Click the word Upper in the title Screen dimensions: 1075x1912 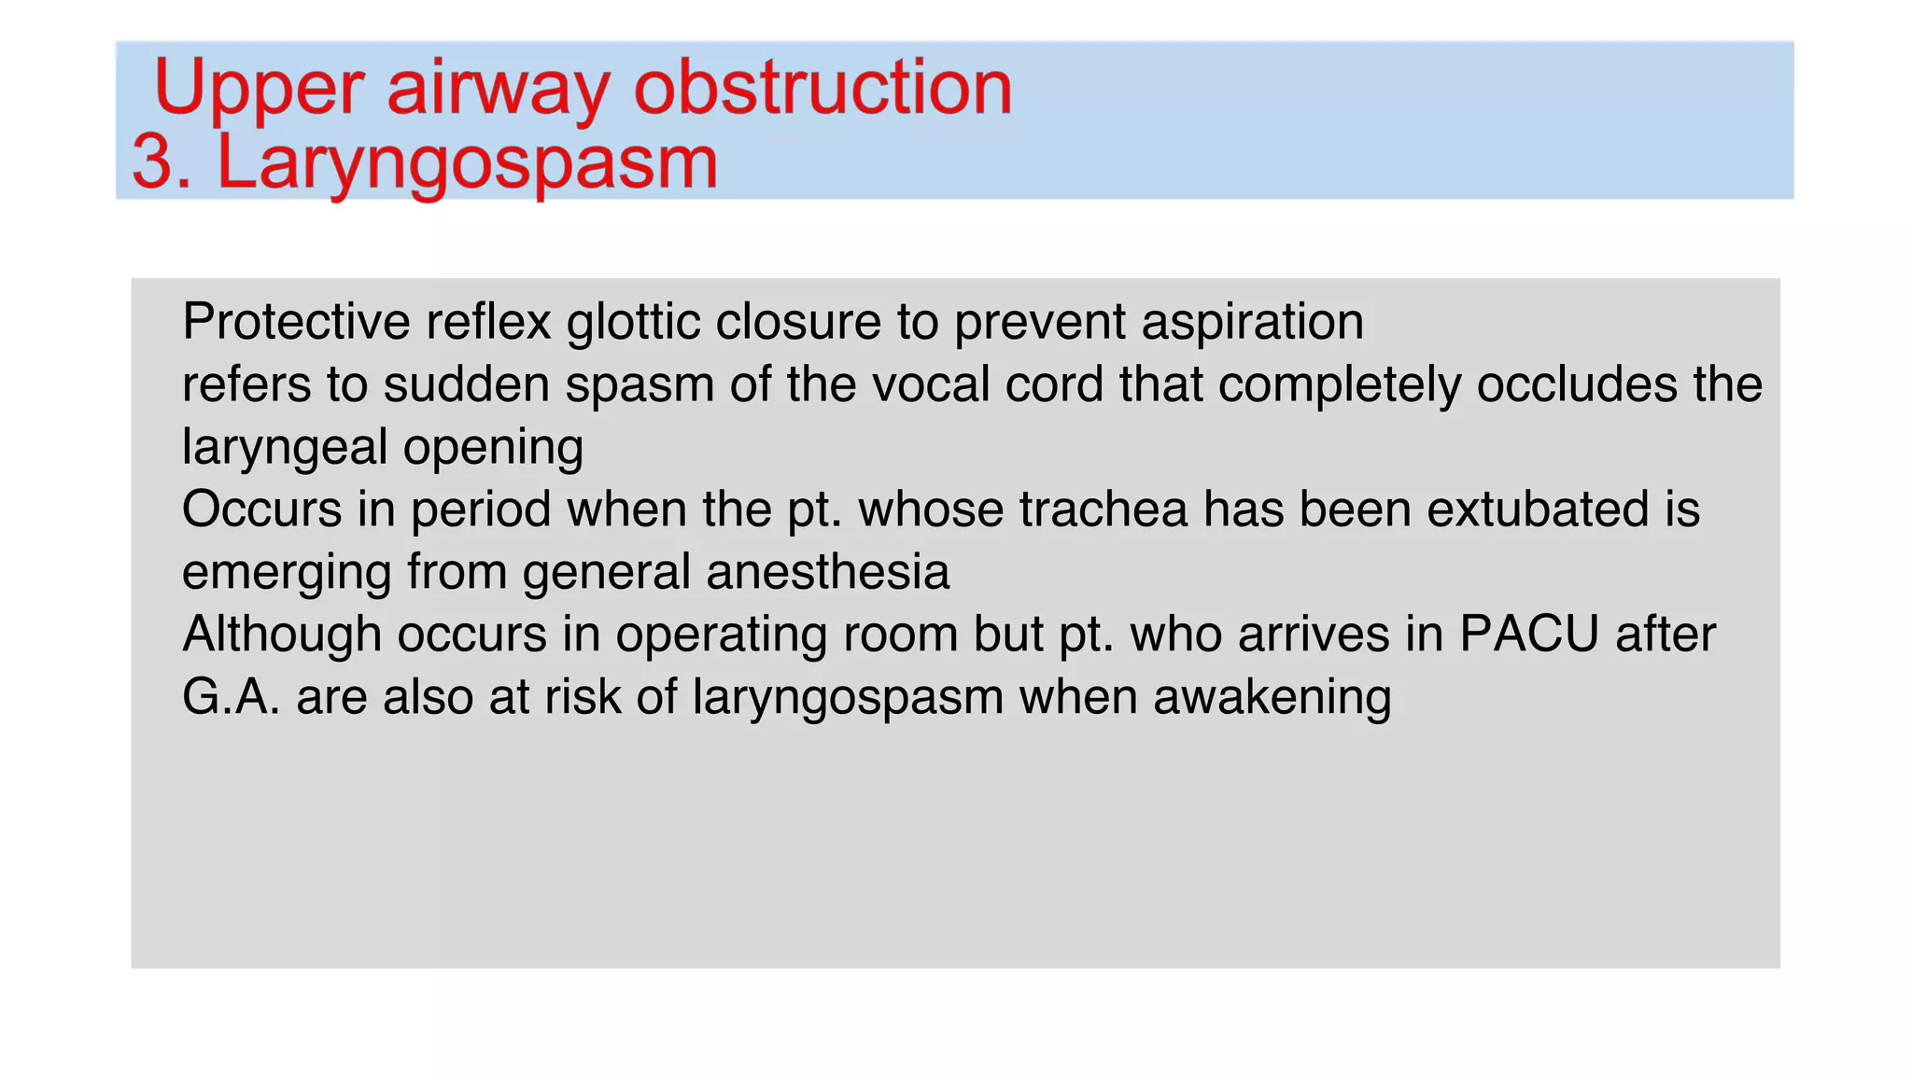258,88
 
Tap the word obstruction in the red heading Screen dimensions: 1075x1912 823,88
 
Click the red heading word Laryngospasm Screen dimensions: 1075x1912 467,164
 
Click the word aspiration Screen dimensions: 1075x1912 1252,322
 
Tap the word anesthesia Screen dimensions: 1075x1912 828,572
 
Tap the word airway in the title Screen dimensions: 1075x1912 498,88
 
